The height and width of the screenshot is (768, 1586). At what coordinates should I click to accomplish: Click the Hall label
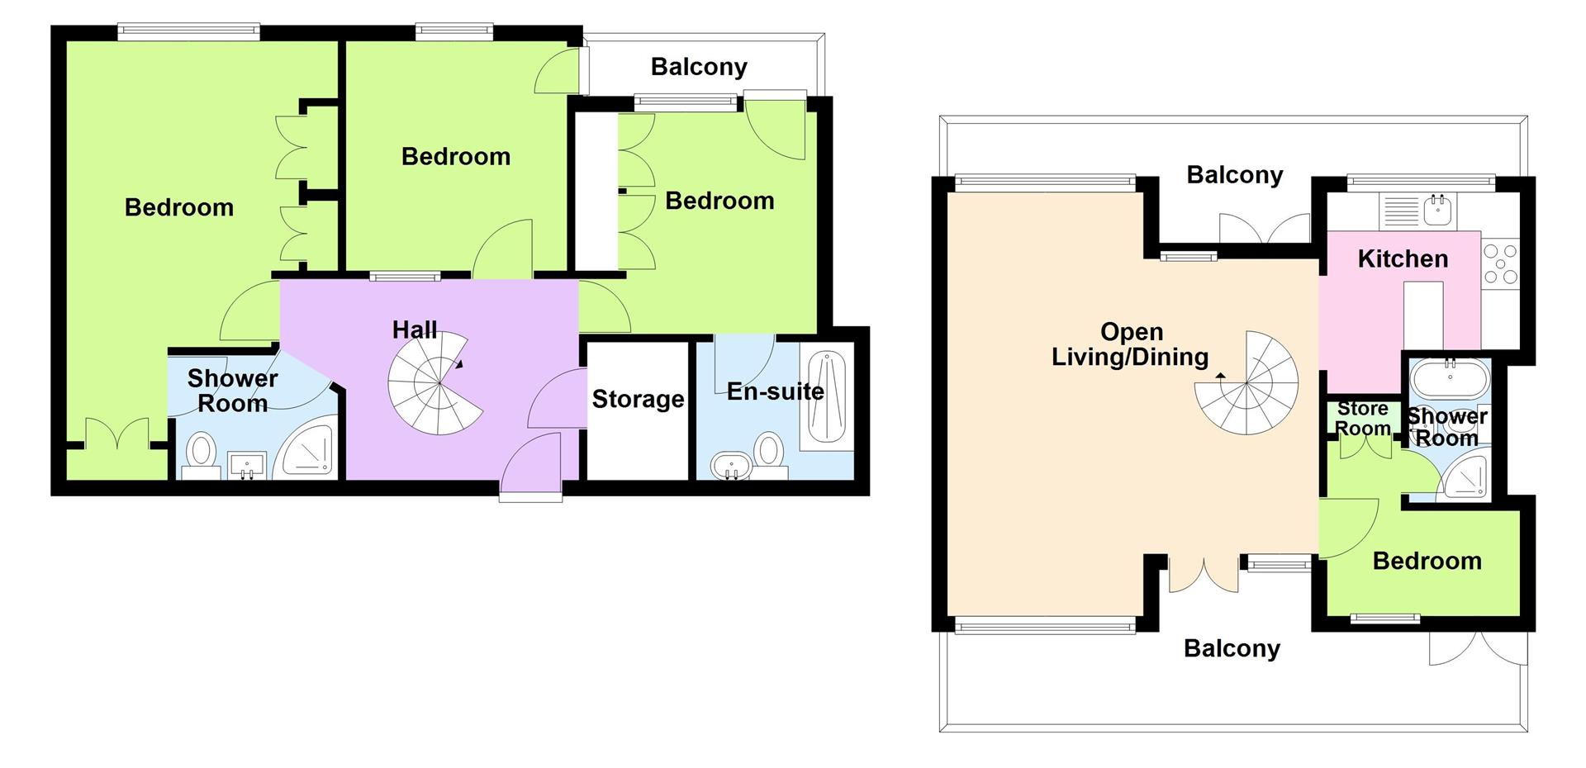click(x=414, y=330)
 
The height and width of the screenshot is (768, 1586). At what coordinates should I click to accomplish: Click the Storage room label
click(x=638, y=400)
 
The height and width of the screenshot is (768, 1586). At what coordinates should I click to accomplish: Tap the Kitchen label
click(x=1403, y=259)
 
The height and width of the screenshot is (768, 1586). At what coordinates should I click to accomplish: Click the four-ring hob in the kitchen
click(x=1500, y=263)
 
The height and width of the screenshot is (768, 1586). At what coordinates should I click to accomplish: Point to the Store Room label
click(x=1362, y=419)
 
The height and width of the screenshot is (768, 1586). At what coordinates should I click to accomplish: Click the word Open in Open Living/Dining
click(x=1132, y=332)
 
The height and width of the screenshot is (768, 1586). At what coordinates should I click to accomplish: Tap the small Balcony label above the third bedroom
click(x=699, y=67)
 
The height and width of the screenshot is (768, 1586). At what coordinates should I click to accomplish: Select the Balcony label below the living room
click(x=1232, y=649)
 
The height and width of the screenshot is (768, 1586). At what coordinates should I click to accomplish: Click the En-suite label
click(x=775, y=391)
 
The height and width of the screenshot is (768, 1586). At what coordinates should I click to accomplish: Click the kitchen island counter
click(x=1423, y=315)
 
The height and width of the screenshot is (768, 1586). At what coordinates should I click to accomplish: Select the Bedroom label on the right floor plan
click(x=1427, y=562)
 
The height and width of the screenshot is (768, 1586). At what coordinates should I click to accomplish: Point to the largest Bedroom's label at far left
click(x=179, y=207)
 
